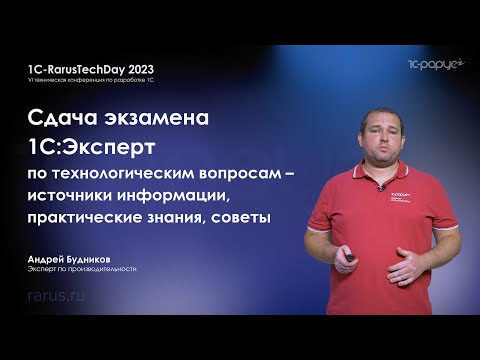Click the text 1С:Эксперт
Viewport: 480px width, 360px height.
tap(89, 148)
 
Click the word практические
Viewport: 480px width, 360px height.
tap(87, 215)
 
